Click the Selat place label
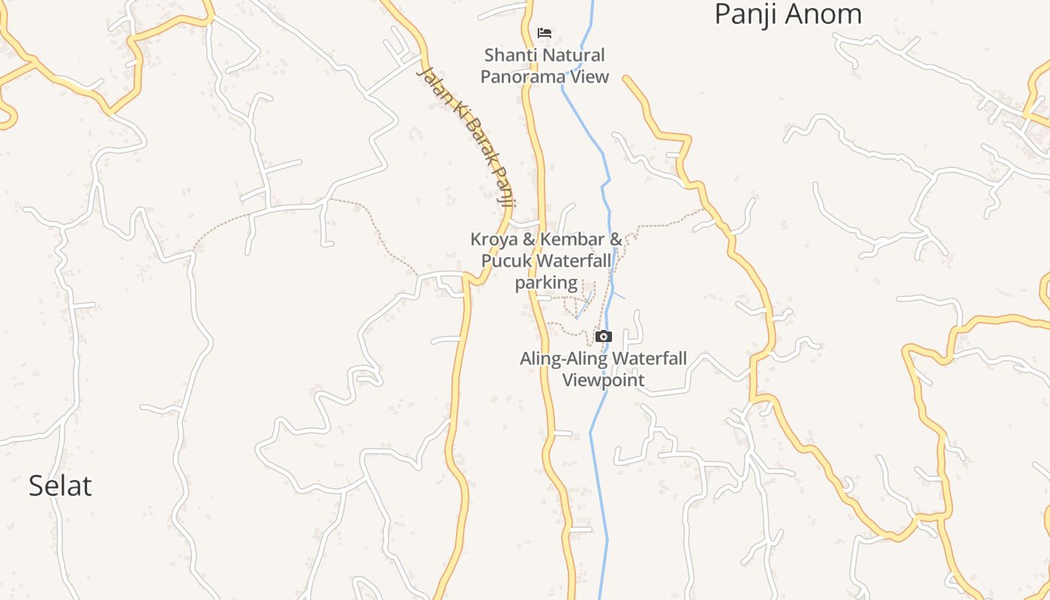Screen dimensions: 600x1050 click(x=60, y=486)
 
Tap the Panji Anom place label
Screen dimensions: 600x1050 click(x=787, y=13)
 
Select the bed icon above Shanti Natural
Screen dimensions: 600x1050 click(x=544, y=33)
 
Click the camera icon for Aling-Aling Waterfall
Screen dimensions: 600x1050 click(x=604, y=336)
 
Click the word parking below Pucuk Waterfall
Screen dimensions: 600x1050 click(x=546, y=283)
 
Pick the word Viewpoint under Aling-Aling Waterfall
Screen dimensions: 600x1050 click(x=604, y=380)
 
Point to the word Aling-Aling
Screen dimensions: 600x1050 click(x=559, y=358)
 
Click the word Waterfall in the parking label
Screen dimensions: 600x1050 click(x=574, y=261)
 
